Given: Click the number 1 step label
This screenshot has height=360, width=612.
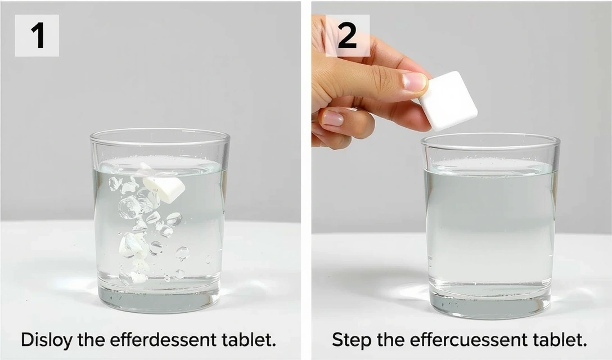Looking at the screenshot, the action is [37, 35].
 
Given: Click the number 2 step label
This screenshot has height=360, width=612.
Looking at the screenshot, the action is [348, 35].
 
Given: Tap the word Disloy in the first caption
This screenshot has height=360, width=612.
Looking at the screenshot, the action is [47, 340].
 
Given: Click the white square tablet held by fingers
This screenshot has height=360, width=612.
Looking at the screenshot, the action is [448, 101].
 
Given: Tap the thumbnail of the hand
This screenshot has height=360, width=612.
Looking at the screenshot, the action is [415, 82].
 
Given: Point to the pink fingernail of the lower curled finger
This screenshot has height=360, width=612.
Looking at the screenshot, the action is [332, 118].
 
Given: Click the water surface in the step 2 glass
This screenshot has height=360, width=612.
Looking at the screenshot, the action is [490, 168].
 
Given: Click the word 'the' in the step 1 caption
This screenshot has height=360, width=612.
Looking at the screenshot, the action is [91, 340].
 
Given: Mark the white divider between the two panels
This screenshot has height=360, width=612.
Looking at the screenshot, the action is [306, 180].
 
